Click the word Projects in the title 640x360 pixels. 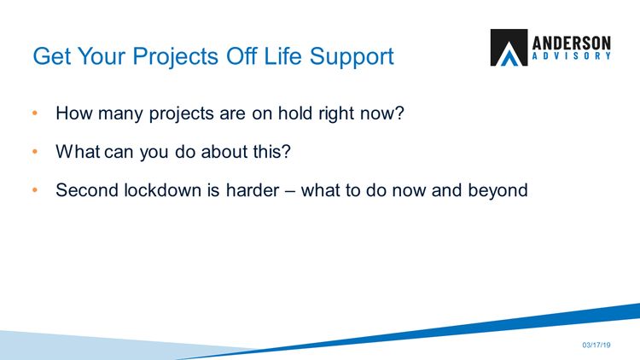point(176,56)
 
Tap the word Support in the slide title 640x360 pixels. point(352,57)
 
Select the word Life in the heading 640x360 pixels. point(282,55)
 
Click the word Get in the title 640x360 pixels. point(52,56)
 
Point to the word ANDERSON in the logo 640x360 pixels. point(572,43)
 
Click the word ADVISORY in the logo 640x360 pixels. point(572,56)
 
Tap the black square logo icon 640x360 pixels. point(509,48)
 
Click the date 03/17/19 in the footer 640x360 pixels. point(596,345)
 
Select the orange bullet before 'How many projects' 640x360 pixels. point(35,113)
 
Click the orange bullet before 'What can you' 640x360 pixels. point(35,152)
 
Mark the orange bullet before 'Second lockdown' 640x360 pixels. point(35,189)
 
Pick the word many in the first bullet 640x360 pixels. point(121,113)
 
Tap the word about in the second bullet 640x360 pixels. point(224,152)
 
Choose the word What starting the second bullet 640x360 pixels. point(78,152)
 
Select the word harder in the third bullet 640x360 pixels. point(253,189)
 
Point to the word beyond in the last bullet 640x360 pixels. point(498,191)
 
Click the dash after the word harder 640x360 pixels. point(290,191)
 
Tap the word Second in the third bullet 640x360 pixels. point(87,189)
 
